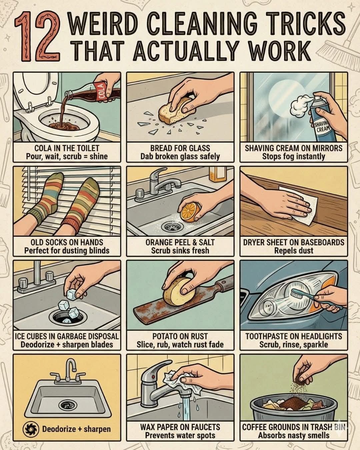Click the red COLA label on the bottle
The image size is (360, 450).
tap(102, 90)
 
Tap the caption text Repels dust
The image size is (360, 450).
tap(294, 251)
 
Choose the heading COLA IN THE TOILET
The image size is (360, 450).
tap(67, 148)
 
